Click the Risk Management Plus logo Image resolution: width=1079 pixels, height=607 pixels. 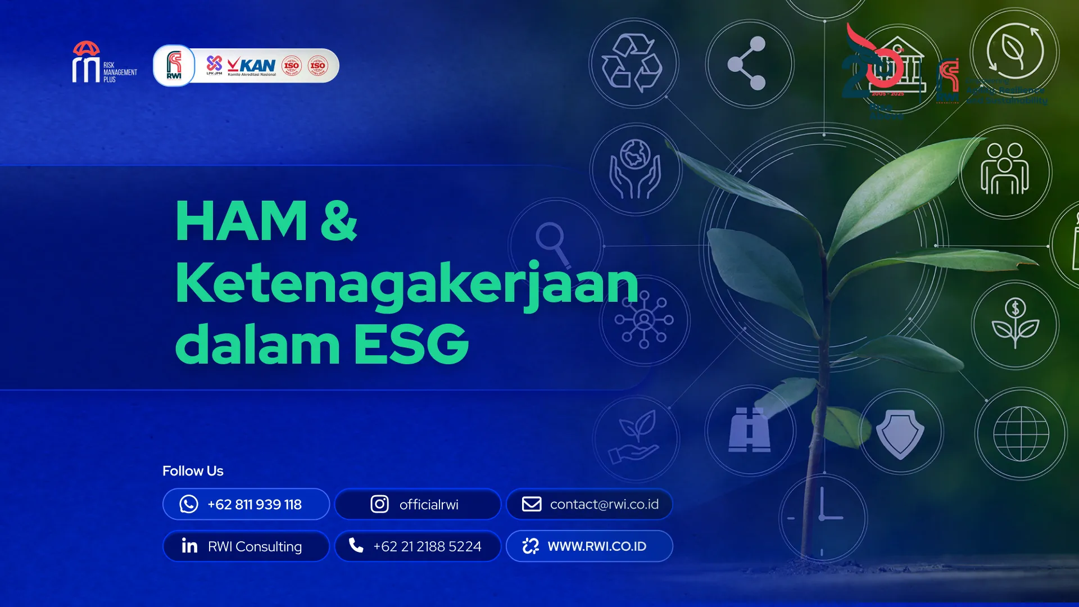tap(105, 63)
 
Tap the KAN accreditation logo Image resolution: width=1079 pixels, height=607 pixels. tap(252, 66)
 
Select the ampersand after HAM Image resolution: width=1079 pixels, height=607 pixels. tap(339, 220)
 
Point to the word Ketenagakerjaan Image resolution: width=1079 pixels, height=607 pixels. tap(407, 283)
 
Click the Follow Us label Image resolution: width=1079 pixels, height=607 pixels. tap(193, 471)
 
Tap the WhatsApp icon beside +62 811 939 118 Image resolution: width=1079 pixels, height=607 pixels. tap(189, 504)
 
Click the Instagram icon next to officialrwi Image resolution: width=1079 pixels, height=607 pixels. tap(379, 504)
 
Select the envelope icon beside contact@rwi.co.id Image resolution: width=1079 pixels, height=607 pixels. tap(532, 504)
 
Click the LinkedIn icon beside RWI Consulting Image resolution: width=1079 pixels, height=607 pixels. tap(189, 546)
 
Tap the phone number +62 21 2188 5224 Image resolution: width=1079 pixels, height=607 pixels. tap(427, 546)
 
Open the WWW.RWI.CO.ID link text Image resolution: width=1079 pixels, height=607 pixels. tap(597, 546)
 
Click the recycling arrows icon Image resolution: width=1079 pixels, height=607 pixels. tap(633, 63)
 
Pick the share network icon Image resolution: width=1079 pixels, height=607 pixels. tap(748, 64)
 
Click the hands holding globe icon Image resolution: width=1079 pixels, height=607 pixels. tap(635, 169)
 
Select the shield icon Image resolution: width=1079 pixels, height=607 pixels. tap(900, 433)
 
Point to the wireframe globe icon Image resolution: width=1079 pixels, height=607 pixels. tap(1021, 433)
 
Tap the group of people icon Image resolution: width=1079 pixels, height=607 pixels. tap(1005, 170)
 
